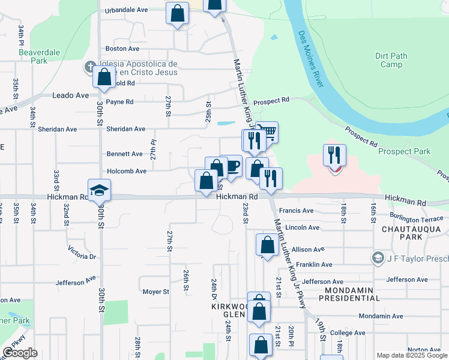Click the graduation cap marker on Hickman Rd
point(100,191)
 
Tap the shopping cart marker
point(267,131)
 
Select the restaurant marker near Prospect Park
point(335,155)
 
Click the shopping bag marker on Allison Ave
point(267,245)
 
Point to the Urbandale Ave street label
point(126,10)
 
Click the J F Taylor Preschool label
point(413,258)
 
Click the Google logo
point(20,353)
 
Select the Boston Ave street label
point(122,49)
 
